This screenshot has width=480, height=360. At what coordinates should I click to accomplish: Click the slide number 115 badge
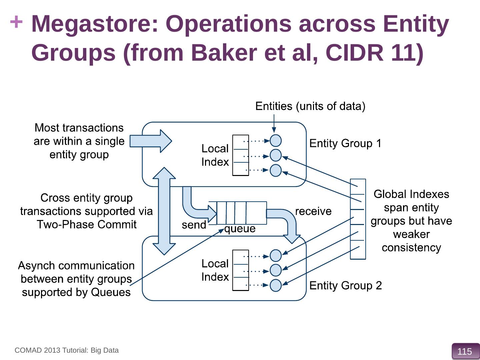pos(465,351)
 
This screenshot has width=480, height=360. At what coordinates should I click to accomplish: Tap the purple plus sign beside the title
pos(16,23)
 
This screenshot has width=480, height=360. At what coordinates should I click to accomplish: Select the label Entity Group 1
pos(345,143)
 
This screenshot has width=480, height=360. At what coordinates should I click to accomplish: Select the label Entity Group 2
pos(345,286)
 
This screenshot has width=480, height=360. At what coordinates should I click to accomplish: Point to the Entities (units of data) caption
pos(310,106)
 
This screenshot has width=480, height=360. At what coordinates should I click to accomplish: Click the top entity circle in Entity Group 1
pos(276,141)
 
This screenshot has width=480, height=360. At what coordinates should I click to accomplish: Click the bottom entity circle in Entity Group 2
pos(276,285)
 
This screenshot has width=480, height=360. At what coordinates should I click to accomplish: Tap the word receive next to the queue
pos(313,211)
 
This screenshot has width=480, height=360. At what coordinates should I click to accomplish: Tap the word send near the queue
pos(194,225)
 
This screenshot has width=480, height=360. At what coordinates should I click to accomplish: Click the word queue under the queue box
pos(240,229)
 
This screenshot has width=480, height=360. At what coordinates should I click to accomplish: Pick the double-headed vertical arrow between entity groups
pos(164,211)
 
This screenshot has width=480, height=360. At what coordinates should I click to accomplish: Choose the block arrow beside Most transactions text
pos(150,141)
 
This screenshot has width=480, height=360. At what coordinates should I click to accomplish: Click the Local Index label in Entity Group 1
pos(215,155)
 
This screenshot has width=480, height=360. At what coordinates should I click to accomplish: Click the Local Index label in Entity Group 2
pos(215,270)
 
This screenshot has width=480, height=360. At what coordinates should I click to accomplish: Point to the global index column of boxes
pos(358,219)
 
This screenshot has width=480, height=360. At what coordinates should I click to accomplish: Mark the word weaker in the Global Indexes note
pos(411,234)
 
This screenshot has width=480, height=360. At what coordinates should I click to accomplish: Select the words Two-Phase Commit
pos(87,225)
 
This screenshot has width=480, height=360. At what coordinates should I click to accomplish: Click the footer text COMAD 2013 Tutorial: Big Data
pos(67,350)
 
